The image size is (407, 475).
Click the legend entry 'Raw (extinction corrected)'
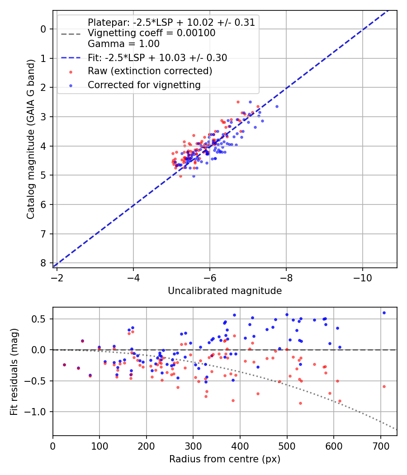click(150, 71)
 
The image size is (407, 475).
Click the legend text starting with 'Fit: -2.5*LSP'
click(157, 57)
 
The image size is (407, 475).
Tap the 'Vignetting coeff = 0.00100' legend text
click(151, 33)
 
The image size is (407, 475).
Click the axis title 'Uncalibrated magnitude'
click(225, 291)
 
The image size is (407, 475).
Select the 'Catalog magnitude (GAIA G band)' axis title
click(30, 139)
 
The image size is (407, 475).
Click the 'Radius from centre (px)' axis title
click(225, 459)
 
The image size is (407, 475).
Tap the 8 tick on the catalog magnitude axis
click(44, 263)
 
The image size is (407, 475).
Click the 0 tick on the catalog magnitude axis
click(44, 29)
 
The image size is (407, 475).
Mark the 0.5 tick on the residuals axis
click(41, 319)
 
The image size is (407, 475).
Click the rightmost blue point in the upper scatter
click(277, 106)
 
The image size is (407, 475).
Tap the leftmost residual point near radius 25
click(64, 365)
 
